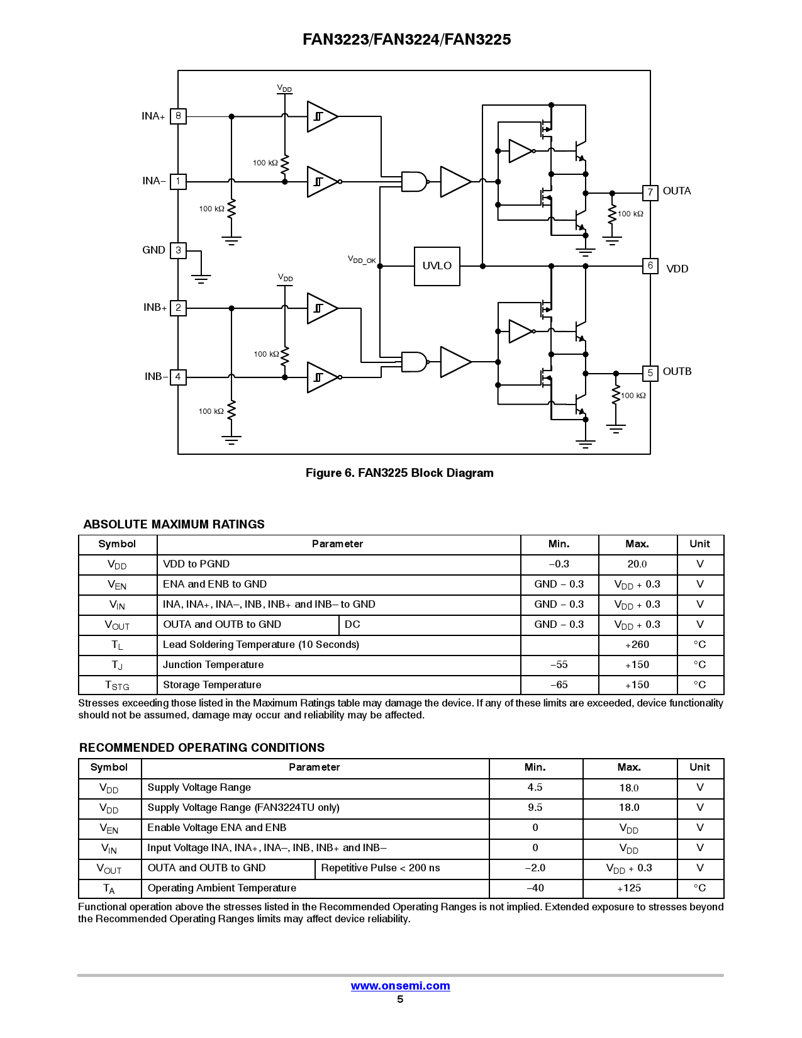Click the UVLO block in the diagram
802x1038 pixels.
coord(437,266)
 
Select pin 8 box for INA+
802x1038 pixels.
coord(178,116)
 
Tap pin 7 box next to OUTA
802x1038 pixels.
coord(650,193)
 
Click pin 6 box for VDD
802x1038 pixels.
coord(650,266)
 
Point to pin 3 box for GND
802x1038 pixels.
coord(178,250)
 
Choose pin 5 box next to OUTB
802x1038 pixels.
coord(650,373)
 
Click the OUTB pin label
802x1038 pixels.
coord(677,372)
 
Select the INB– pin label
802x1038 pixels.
coord(155,377)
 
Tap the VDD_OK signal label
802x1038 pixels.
coord(362,260)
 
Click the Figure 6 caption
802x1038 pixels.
coord(399,473)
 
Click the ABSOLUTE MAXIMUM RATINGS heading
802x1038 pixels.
coord(174,525)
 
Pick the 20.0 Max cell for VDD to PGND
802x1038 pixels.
coord(637,564)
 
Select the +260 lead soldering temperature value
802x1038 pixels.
coord(637,645)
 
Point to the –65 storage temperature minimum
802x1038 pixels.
coord(559,685)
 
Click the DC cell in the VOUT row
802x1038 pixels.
coord(352,625)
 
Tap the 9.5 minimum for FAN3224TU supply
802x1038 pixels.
coord(535,808)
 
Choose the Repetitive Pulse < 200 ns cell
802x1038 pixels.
coord(381,868)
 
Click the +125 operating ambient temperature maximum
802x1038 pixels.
coord(629,888)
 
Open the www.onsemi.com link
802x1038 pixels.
coord(400,986)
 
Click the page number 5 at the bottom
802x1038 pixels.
coord(400,1000)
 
